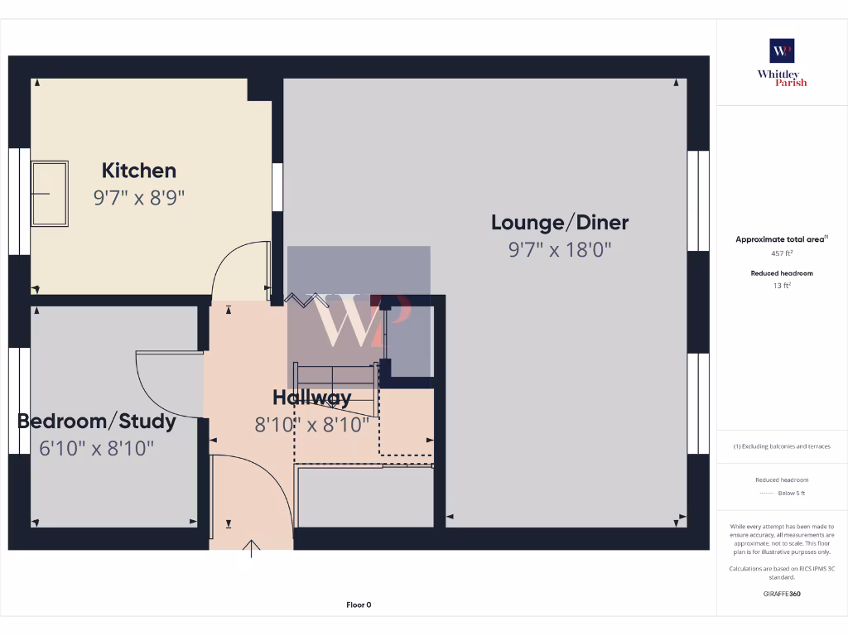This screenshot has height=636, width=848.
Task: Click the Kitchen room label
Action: (139, 171)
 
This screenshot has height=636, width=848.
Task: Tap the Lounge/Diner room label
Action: (560, 222)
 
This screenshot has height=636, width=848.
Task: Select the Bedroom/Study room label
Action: (97, 421)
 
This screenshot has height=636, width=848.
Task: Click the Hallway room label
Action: (312, 397)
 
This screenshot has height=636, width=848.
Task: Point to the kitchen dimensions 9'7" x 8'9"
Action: (139, 198)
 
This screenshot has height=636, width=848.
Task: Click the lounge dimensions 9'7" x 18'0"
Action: (560, 249)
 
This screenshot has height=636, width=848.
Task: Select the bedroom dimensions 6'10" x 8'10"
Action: (97, 448)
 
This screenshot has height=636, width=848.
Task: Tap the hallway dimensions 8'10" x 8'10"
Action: (312, 425)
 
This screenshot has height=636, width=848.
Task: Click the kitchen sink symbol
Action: (49, 194)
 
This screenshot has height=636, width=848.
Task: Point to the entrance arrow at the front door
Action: (252, 548)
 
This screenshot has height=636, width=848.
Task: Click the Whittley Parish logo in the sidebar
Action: (782, 63)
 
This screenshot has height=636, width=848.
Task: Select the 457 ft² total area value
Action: (782, 253)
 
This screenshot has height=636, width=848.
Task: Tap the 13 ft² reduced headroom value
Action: (782, 286)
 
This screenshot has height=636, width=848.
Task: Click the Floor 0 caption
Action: (359, 605)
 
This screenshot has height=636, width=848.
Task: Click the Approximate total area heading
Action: (781, 239)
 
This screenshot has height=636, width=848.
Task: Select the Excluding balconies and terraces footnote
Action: (782, 446)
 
